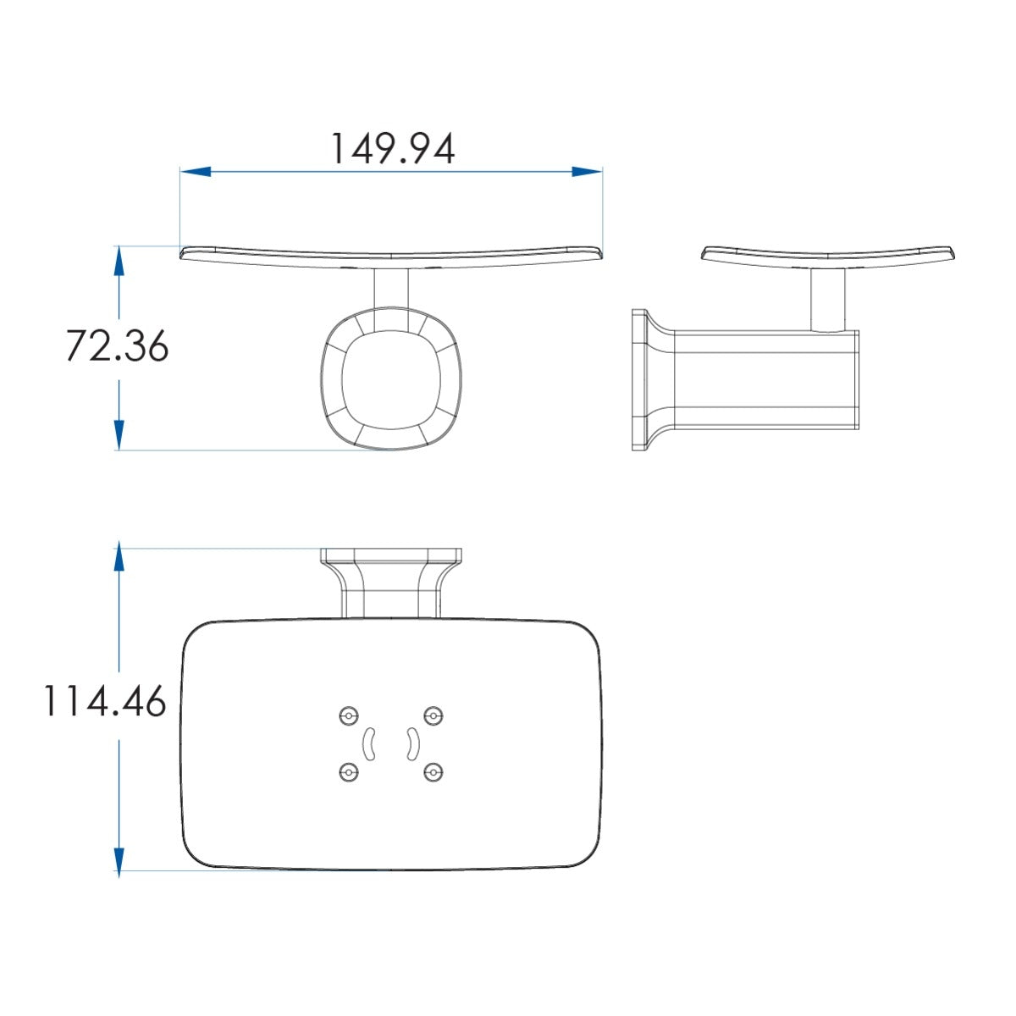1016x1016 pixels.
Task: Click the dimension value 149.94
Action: [392, 149]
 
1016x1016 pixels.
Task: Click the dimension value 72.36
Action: [117, 346]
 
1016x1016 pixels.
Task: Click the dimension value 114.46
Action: [105, 701]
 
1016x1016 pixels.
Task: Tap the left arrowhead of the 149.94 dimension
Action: [196, 171]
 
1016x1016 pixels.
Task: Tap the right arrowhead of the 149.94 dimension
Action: [587, 171]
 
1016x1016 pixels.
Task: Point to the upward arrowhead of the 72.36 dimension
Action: [119, 262]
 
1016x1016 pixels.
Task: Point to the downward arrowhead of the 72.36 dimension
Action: [119, 435]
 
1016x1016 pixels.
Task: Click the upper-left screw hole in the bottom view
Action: [349, 716]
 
